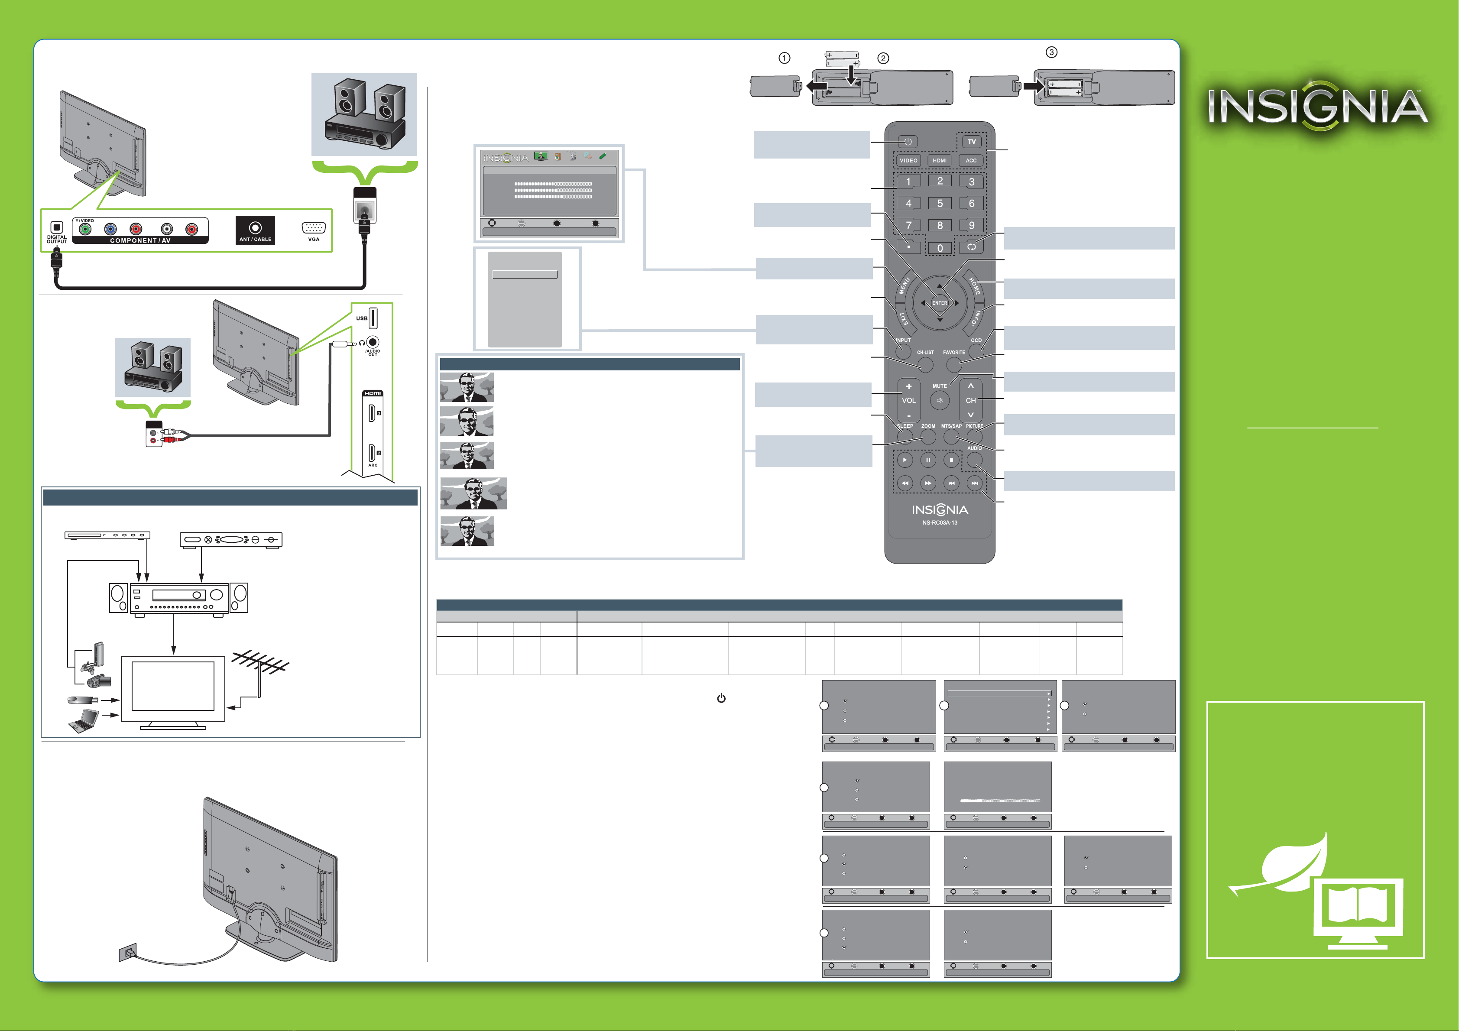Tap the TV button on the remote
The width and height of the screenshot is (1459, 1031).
(972, 142)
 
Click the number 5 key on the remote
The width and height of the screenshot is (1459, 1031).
(940, 204)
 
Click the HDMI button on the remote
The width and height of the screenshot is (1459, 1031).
(940, 160)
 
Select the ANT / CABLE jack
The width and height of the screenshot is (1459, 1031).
(255, 227)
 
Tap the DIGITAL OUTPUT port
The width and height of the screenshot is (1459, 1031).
(57, 227)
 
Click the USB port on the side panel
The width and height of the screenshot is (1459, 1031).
(373, 318)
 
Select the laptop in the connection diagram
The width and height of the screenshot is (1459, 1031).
(83, 721)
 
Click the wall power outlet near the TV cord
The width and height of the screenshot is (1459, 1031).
(127, 952)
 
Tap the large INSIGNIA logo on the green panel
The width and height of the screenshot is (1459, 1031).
(1317, 107)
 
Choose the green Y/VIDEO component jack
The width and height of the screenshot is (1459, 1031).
(85, 229)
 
